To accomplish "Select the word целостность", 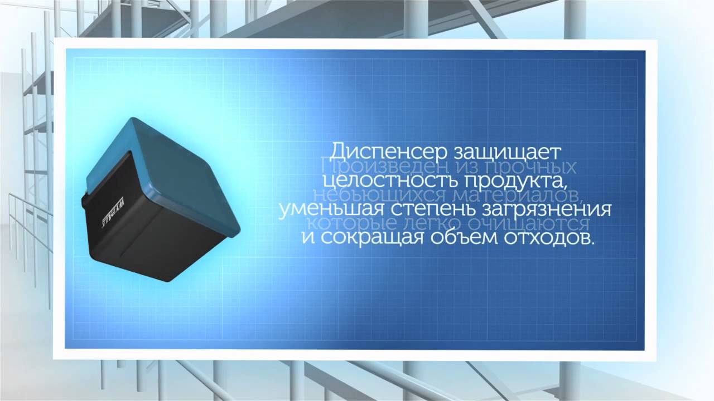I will (x=389, y=182).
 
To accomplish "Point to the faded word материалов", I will (x=521, y=196).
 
